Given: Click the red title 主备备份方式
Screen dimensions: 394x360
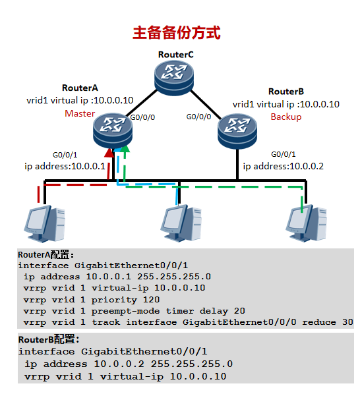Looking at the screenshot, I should click(x=176, y=33).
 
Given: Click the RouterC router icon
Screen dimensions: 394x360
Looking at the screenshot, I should click(x=176, y=76).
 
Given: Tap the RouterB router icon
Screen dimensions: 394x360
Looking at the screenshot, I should click(x=237, y=128).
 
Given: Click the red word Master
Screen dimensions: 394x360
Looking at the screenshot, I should click(x=80, y=113).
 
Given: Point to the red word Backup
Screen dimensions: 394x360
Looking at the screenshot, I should click(x=285, y=117).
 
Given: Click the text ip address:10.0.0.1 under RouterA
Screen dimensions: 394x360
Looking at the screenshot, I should click(x=65, y=165).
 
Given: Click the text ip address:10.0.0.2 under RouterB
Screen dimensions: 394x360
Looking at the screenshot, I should click(x=284, y=166).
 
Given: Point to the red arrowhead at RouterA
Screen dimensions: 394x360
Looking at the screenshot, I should click(x=113, y=154).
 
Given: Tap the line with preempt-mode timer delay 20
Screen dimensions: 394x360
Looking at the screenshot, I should click(x=125, y=311).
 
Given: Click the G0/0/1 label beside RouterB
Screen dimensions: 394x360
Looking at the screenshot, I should click(x=285, y=154).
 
